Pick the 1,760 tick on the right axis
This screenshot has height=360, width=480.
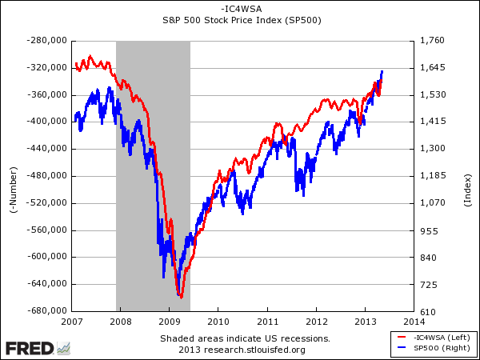pyautogui.click(x=430, y=40)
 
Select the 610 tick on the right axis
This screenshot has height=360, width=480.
pyautogui.click(x=426, y=311)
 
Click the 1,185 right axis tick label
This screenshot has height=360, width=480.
pyautogui.click(x=430, y=176)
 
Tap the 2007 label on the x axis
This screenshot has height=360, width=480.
pyautogui.click(x=72, y=321)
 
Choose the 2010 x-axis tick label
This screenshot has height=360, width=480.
pyautogui.click(x=218, y=321)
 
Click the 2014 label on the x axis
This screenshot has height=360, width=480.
pyautogui.click(x=414, y=321)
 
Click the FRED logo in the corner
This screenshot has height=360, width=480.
pyautogui.click(x=37, y=348)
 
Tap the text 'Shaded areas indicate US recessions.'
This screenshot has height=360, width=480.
pyautogui.click(x=244, y=338)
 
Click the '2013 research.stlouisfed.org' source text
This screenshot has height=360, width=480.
pyautogui.click(x=244, y=349)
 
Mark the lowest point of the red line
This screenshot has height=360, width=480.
pyautogui.click(x=182, y=298)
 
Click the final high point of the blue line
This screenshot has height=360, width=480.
pyautogui.click(x=382, y=71)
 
